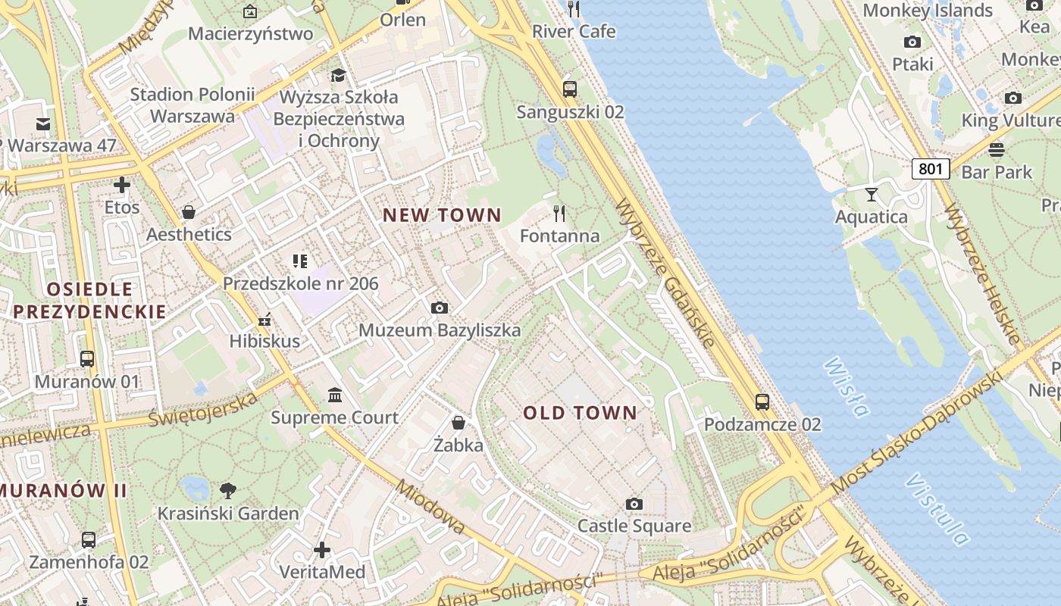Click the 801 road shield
pyautogui.click(x=930, y=168)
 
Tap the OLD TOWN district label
pyautogui.click(x=580, y=413)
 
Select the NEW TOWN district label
pyautogui.click(x=442, y=215)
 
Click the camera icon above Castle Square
pyautogui.click(x=634, y=504)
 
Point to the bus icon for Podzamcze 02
pyautogui.click(x=762, y=402)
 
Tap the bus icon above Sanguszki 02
pyautogui.click(x=570, y=89)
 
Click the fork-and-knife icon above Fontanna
pyautogui.click(x=559, y=214)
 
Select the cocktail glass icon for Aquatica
pyautogui.click(x=872, y=195)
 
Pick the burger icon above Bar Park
pyautogui.click(x=997, y=149)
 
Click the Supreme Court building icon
pyautogui.click(x=335, y=395)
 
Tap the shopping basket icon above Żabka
pyautogui.click(x=459, y=422)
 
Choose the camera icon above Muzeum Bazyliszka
pyautogui.click(x=439, y=308)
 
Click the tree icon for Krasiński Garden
pyautogui.click(x=227, y=490)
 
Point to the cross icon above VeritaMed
pyautogui.click(x=322, y=549)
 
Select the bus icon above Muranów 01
pyautogui.click(x=87, y=358)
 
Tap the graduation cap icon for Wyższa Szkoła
pyautogui.click(x=338, y=74)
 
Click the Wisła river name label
pyautogui.click(x=845, y=387)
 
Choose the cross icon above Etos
pyautogui.click(x=122, y=185)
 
